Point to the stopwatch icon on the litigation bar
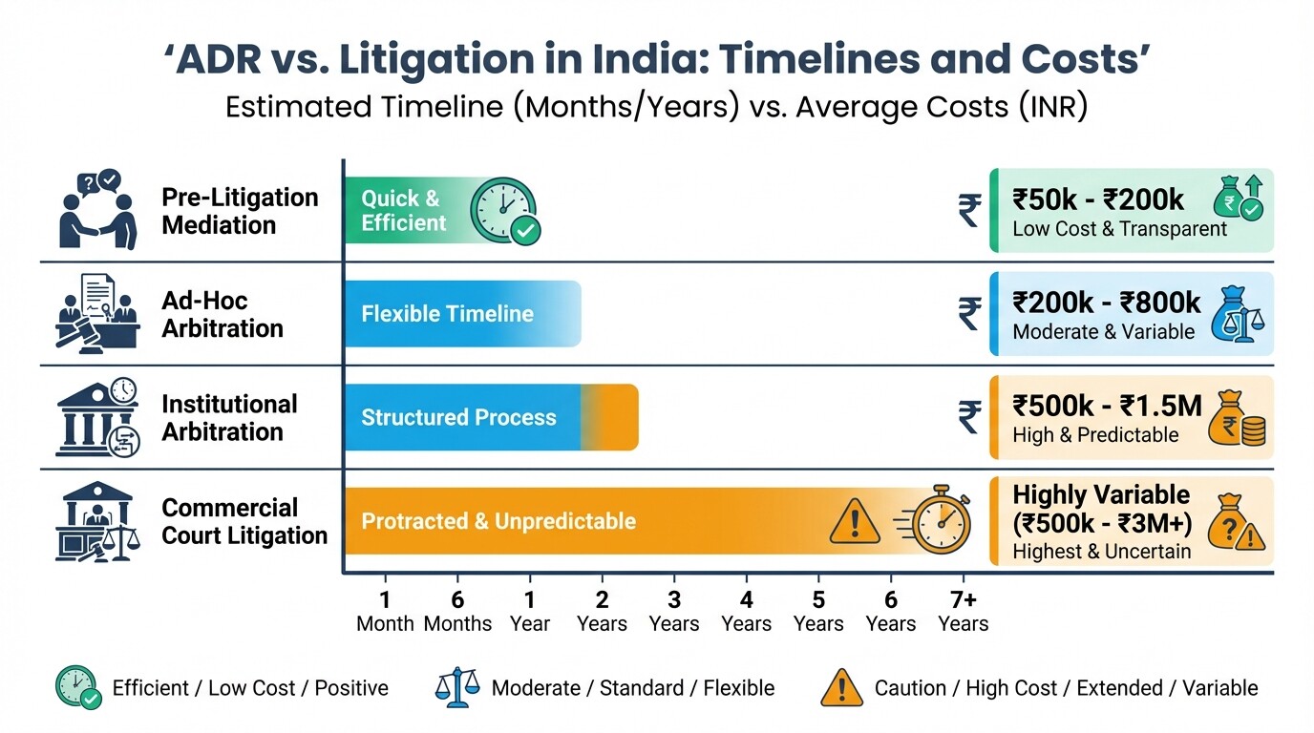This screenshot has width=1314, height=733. coord(940,522)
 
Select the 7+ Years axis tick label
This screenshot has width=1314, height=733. coord(963,612)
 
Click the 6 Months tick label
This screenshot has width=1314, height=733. coord(457,612)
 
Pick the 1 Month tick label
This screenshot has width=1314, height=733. coord(385,612)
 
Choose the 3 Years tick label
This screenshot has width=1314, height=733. coord(674,612)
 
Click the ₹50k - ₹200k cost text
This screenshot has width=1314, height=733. coord(1098,199)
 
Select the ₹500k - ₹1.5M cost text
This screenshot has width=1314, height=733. coord(1107,406)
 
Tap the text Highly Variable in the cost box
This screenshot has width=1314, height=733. coord(1101,495)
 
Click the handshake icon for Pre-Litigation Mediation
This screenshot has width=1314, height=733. coord(96,212)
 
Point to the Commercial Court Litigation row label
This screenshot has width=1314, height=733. coord(244,521)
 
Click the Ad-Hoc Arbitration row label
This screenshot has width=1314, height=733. coord(223,315)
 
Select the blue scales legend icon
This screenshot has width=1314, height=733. coord(456,687)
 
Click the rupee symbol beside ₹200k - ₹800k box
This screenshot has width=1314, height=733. coord(969,314)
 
